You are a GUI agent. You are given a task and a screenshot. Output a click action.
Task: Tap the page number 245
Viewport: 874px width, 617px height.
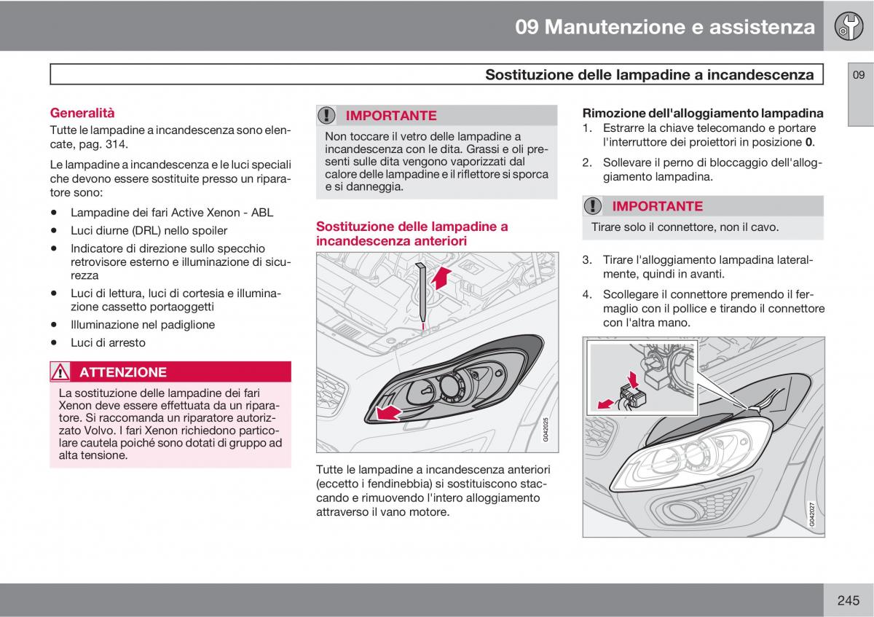pos(848,600)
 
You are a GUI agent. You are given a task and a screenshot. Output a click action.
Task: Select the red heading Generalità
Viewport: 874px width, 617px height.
pos(82,113)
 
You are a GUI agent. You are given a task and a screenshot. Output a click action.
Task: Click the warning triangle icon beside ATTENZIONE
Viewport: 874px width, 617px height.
pos(60,372)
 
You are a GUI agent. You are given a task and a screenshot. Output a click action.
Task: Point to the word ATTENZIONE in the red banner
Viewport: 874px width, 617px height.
pos(123,372)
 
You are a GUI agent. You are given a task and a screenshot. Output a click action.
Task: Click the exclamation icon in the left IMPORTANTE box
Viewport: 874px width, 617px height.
pos(328,115)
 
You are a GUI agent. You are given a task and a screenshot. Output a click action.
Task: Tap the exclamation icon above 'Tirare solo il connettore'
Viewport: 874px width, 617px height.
pos(594,206)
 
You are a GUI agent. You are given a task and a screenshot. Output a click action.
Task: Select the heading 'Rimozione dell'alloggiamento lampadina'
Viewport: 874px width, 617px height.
pos(703,113)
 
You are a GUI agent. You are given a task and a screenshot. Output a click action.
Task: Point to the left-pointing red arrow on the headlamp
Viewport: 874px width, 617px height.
pos(387,413)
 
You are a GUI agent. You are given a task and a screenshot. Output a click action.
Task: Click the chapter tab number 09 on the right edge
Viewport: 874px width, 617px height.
pos(859,75)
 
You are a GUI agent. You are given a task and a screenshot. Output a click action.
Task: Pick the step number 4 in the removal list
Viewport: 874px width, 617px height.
pos(587,294)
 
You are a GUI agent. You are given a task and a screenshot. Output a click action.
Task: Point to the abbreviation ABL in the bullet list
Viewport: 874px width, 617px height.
pos(262,213)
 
